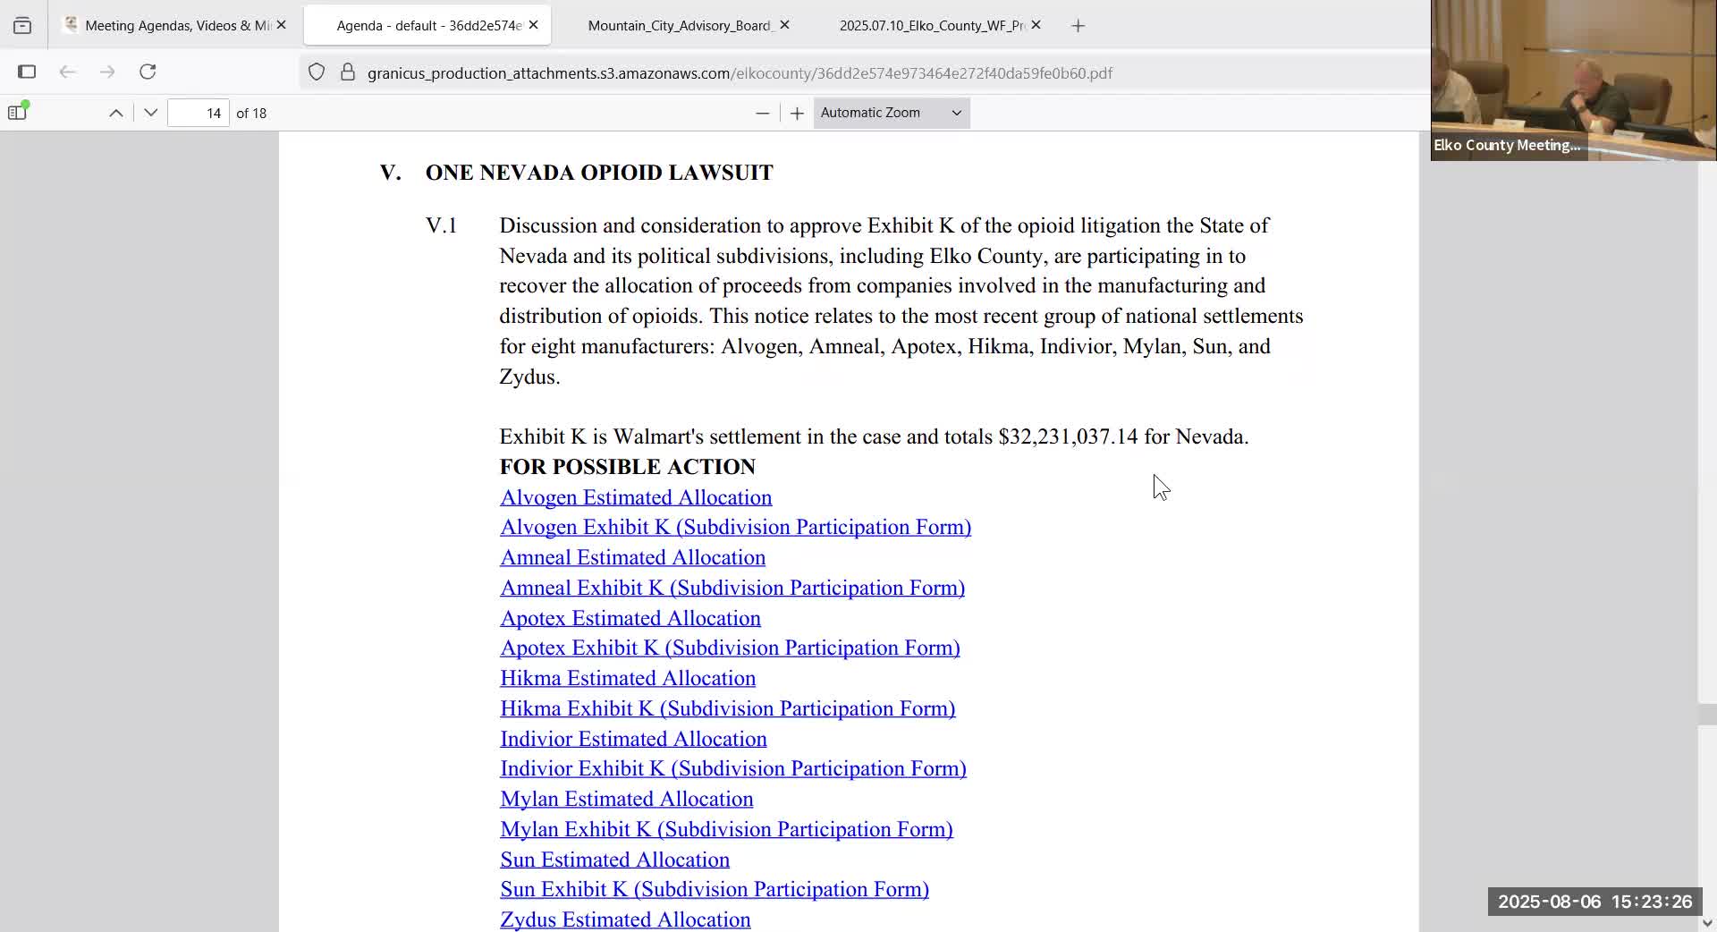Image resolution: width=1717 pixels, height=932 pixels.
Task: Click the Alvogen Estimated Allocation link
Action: tap(635, 497)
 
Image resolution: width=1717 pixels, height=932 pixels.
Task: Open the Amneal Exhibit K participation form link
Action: tap(732, 588)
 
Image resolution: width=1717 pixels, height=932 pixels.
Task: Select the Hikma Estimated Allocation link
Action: tap(627, 678)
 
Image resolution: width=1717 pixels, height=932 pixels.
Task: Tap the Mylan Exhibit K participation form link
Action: tap(725, 829)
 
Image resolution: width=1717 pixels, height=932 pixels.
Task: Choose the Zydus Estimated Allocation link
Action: tap(624, 919)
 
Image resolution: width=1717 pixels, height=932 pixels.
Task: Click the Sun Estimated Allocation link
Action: tap(614, 860)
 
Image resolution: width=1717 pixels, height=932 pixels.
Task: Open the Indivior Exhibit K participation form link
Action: tap(732, 768)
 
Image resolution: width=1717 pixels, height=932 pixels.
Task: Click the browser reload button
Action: tap(148, 72)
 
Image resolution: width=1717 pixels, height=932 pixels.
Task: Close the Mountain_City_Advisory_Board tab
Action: tap(784, 25)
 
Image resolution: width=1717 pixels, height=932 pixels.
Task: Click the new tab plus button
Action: tap(1078, 26)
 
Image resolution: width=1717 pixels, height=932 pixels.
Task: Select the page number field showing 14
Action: tap(199, 113)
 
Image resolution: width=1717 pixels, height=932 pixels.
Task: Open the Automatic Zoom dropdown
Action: tap(891, 113)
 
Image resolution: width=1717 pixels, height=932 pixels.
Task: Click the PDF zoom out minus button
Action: tap(762, 113)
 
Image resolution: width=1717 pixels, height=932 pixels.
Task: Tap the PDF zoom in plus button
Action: tap(797, 113)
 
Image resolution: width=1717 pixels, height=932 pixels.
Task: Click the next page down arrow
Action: tap(150, 113)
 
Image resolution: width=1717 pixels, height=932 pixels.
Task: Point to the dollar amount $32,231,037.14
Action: tap(1068, 436)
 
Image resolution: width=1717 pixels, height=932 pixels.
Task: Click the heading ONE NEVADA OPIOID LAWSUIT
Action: tap(598, 173)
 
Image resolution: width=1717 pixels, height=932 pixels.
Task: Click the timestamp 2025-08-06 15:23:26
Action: tap(1594, 902)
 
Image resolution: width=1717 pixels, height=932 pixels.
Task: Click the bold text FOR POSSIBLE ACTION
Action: tap(627, 467)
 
